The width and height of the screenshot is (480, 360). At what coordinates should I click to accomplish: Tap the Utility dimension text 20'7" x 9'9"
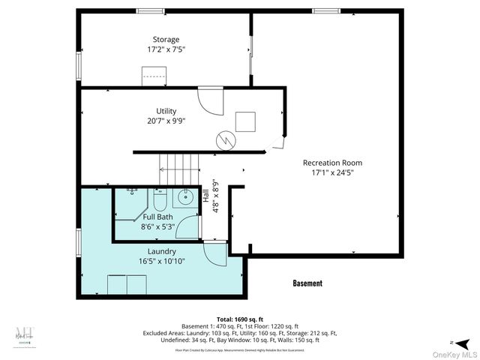click(x=166, y=121)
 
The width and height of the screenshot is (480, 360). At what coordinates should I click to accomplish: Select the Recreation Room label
click(x=332, y=163)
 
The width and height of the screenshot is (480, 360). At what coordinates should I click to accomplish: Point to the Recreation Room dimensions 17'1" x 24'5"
click(x=332, y=172)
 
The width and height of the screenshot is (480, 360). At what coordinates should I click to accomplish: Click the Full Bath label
click(x=158, y=217)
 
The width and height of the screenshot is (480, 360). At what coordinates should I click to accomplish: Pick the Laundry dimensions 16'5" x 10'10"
click(x=161, y=261)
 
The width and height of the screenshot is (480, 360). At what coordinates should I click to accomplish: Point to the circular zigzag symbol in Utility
click(x=225, y=139)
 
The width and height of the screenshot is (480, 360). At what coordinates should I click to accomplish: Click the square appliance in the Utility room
click(x=245, y=121)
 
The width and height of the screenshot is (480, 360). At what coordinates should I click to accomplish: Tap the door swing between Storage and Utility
click(x=210, y=100)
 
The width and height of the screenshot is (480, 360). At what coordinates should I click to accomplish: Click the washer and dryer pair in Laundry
click(x=127, y=285)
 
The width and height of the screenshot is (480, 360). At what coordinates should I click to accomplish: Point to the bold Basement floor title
click(x=307, y=283)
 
